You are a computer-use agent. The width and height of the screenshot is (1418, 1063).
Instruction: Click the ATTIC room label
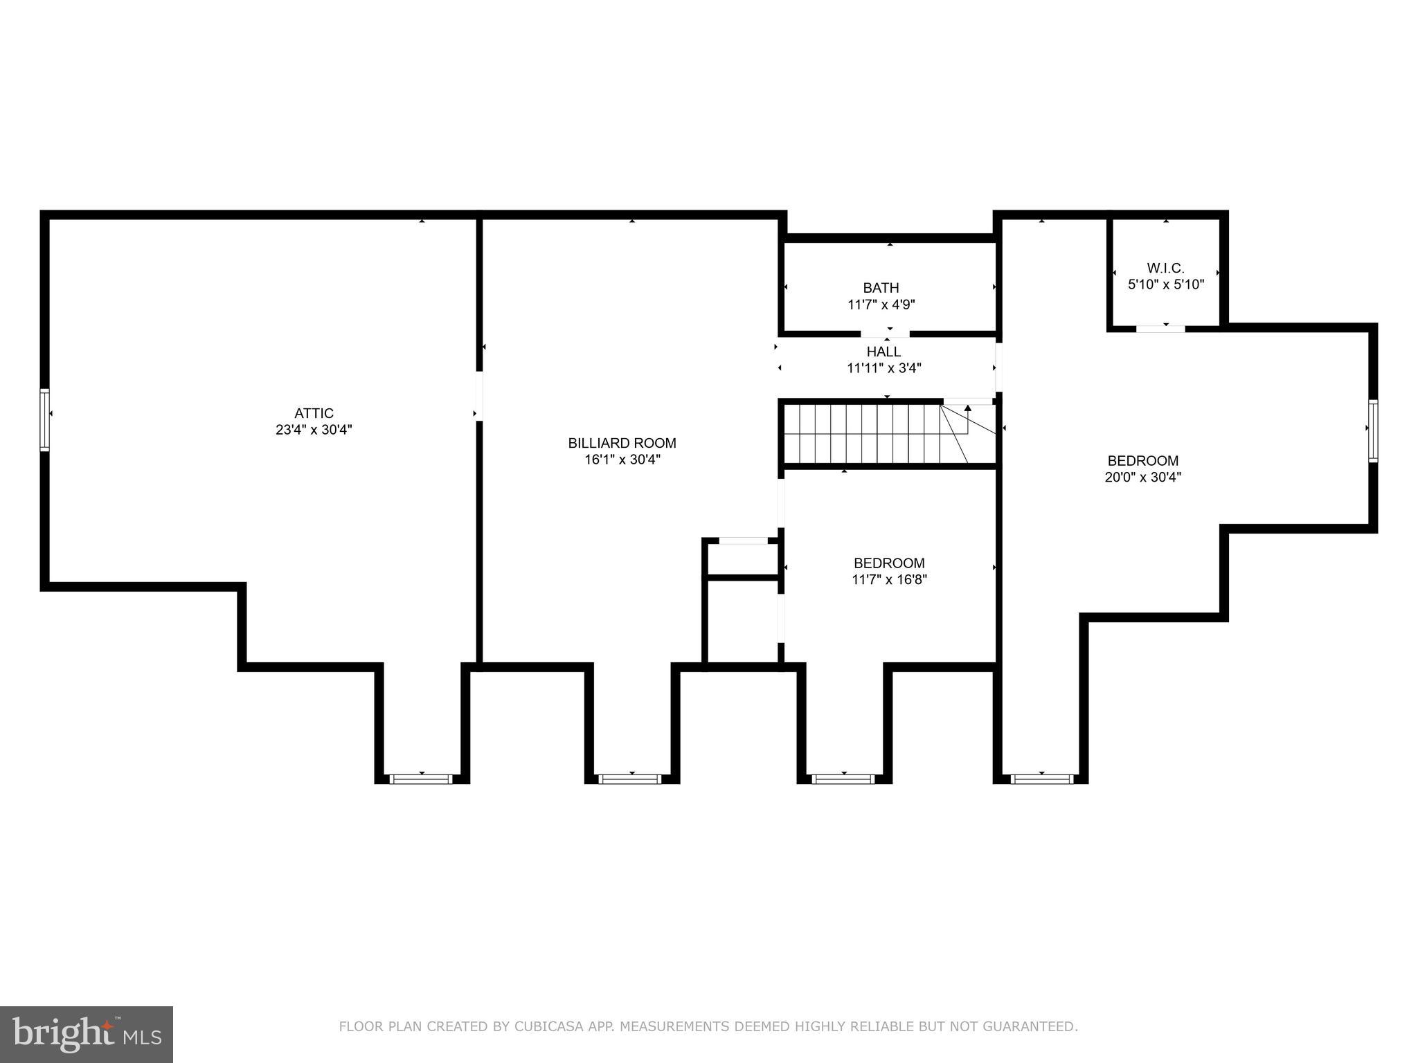314,413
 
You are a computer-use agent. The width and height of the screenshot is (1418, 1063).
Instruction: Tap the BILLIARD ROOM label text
622,443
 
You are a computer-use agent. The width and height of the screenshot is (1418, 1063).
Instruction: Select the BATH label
881,288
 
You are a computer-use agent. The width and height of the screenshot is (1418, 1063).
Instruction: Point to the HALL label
883,352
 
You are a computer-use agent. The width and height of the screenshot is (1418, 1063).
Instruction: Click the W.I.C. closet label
1165,268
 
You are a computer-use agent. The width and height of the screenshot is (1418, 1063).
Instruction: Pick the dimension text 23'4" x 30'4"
314,430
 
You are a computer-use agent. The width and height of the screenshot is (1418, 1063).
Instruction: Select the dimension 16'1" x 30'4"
622,460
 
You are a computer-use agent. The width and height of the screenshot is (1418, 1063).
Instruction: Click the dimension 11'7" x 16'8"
889,580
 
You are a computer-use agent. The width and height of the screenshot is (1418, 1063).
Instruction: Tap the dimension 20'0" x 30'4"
1142,477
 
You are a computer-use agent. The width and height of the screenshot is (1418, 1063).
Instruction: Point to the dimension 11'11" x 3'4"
883,368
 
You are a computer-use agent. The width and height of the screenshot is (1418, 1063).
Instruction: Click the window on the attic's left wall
45,420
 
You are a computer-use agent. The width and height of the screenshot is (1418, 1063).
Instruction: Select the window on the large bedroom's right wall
1372,430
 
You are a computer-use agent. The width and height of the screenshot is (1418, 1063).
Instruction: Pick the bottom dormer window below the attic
422,779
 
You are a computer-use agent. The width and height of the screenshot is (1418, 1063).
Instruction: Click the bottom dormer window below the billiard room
631,779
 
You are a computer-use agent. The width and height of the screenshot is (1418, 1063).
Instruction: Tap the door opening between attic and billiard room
478,396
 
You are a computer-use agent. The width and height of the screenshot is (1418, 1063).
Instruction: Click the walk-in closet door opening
1160,329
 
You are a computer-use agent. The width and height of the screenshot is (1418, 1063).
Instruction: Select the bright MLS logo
86,1033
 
